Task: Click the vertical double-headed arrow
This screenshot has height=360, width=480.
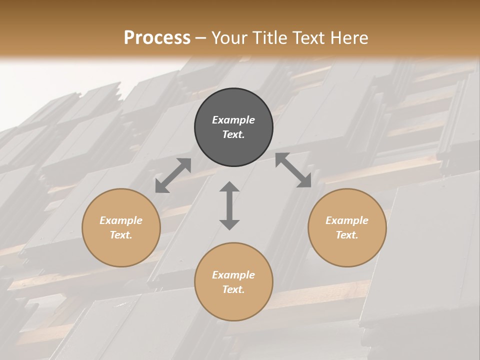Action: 229,205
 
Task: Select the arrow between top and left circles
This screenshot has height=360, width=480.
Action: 173,175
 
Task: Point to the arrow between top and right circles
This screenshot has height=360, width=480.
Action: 293,170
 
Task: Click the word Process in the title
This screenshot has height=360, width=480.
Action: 157,37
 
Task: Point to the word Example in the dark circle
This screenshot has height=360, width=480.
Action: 233,120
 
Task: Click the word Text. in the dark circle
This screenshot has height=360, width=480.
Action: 233,134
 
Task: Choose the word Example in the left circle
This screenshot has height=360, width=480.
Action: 121,220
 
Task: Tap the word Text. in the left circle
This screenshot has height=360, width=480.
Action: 121,235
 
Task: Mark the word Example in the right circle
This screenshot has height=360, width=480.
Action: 347,220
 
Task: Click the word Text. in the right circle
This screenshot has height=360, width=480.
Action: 347,235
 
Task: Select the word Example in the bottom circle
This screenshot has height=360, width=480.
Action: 233,275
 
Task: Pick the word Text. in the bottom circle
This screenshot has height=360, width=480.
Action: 233,289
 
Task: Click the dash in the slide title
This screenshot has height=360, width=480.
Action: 200,38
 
